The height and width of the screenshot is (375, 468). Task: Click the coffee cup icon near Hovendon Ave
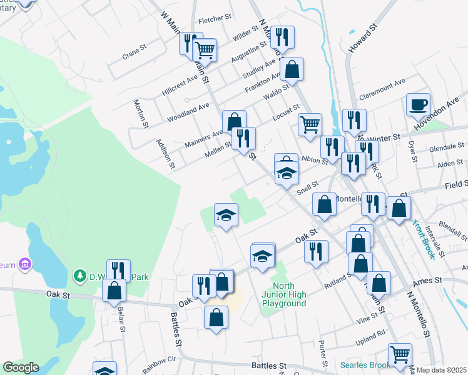point(418,104)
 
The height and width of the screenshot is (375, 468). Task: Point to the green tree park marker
point(79,275)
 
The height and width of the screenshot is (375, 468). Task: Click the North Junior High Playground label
point(284,295)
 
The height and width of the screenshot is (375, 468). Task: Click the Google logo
point(21,367)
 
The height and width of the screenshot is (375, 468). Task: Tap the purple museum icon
point(25,264)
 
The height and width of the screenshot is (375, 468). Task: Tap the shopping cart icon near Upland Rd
point(400,354)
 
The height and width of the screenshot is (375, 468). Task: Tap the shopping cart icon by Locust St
point(310,124)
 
